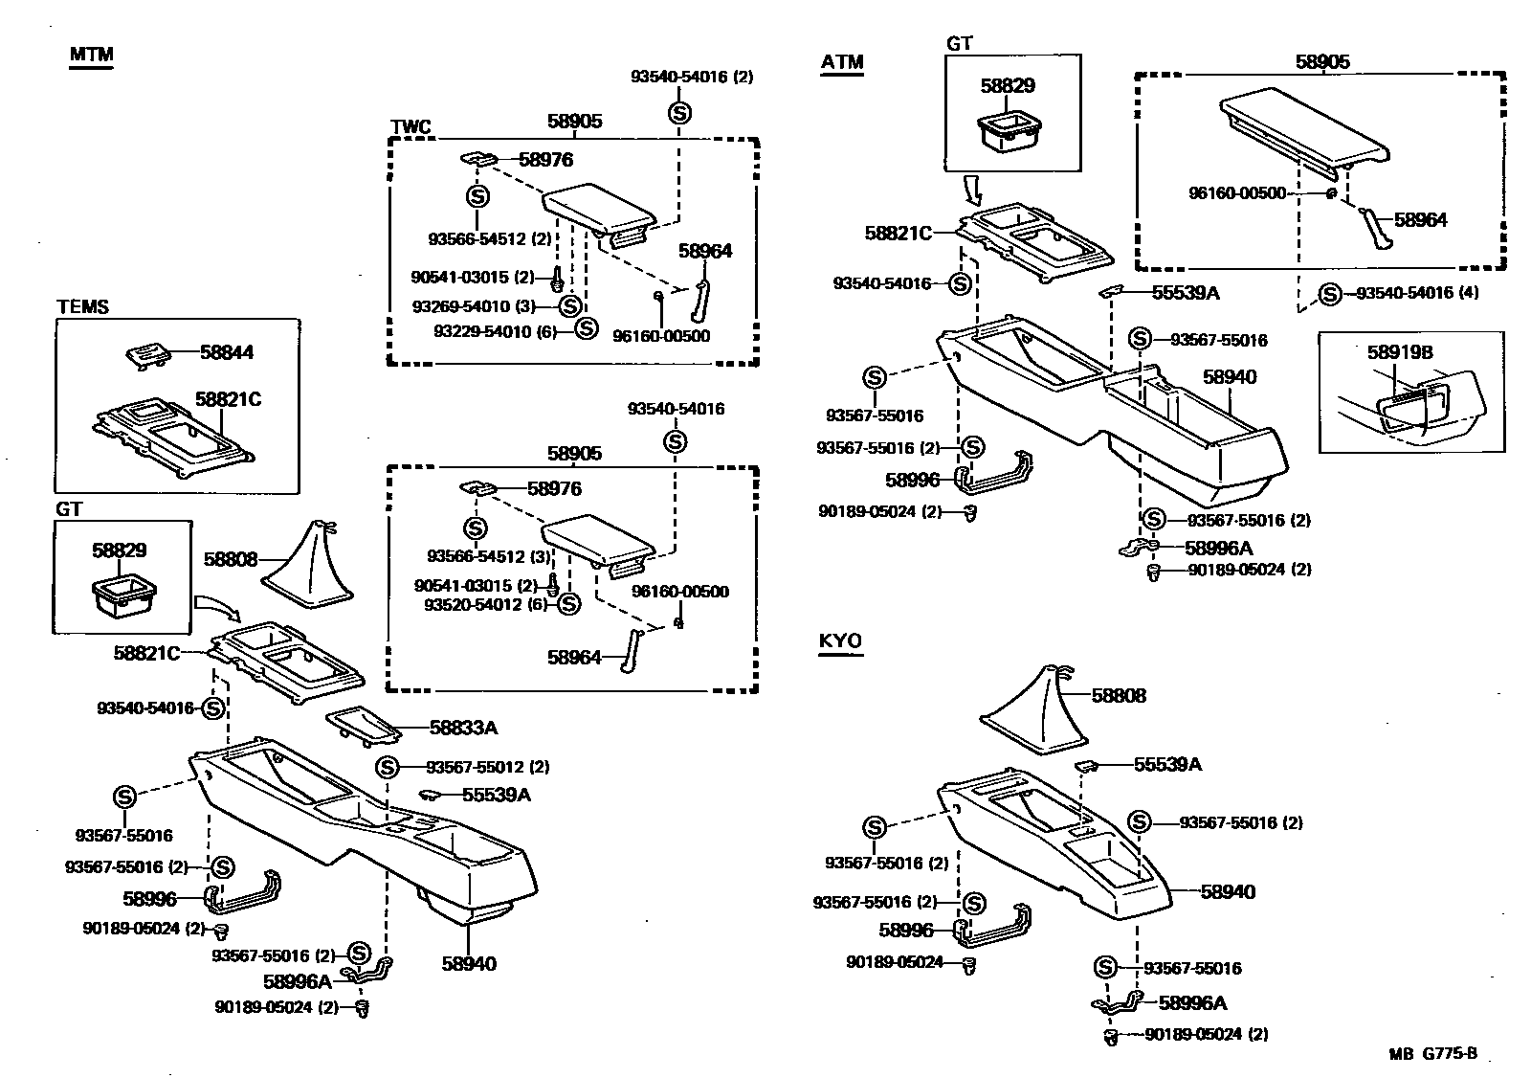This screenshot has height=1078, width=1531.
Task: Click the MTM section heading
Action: click(91, 55)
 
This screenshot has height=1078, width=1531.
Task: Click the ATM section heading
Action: click(842, 63)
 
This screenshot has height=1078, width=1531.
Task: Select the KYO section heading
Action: click(840, 640)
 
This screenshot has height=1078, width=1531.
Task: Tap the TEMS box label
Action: click(83, 307)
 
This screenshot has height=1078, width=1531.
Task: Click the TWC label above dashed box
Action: click(410, 127)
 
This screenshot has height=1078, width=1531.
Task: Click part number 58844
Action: click(227, 352)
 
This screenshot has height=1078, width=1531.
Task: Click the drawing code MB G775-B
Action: click(1432, 1054)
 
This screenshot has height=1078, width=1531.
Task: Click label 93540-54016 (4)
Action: click(1417, 293)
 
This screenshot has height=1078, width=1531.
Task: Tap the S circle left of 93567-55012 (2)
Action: click(387, 767)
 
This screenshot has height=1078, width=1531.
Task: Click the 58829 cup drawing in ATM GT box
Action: click(1007, 131)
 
